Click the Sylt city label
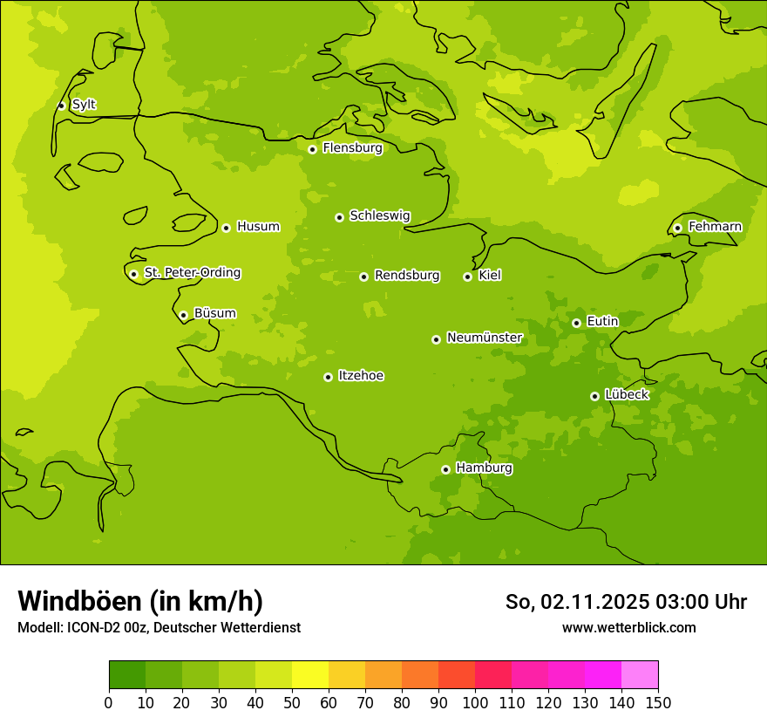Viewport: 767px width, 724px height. [84, 105]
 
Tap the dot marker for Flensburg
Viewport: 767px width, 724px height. [312, 149]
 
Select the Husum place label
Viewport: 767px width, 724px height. [258, 227]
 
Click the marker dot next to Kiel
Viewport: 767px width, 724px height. [467, 277]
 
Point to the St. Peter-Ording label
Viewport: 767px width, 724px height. [193, 273]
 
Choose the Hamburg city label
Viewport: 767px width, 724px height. [484, 468]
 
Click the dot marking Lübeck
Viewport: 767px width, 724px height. [594, 396]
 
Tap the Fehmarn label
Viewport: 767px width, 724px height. [715, 227]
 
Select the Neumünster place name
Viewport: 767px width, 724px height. [485, 338]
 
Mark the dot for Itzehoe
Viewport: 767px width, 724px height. [328, 377]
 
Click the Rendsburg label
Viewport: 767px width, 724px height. [407, 276]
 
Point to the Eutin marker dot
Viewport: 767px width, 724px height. [576, 323]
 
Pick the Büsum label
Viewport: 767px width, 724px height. [214, 314]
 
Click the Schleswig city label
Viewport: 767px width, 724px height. [379, 215]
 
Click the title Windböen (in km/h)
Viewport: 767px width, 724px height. [140, 601]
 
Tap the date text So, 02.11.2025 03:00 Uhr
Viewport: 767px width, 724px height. [626, 602]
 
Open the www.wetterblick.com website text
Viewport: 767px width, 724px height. [628, 627]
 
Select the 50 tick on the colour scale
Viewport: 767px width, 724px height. [292, 701]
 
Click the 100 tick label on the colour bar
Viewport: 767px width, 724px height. [475, 701]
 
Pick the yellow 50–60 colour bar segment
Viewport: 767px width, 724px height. [310, 675]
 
